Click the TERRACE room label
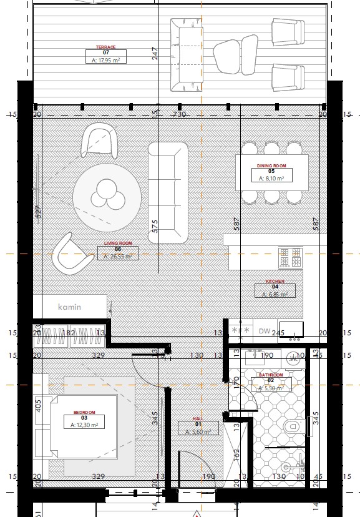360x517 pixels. tap(105, 47)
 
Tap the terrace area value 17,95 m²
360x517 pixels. tap(105, 60)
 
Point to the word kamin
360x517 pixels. tap(70, 307)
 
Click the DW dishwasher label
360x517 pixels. tap(264, 331)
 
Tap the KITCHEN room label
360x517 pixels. tap(275, 282)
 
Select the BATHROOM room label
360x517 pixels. tap(271, 375)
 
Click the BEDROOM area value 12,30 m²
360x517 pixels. tap(84, 425)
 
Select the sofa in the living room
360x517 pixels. tap(168, 192)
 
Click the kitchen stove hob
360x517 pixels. tap(290, 256)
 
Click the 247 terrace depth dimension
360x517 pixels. tap(155, 54)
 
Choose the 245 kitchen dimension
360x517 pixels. tap(278, 333)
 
